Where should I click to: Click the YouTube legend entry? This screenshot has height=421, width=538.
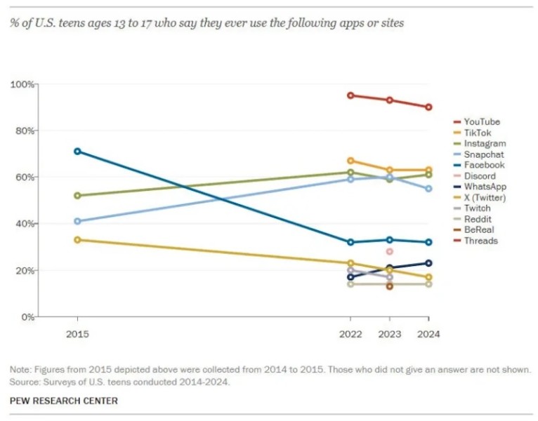click(x=482, y=121)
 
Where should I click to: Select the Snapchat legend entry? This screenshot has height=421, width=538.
click(x=483, y=154)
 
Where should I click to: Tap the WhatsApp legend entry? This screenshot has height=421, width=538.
click(x=485, y=187)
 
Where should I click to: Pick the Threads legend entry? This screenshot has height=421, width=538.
click(x=480, y=241)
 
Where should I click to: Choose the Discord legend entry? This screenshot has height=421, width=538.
click(x=480, y=176)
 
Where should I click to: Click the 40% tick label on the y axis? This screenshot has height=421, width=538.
click(x=25, y=224)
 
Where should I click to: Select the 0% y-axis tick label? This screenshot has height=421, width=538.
click(x=27, y=317)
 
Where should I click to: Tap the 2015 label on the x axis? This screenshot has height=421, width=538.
click(x=77, y=335)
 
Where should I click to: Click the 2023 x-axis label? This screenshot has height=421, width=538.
click(x=389, y=335)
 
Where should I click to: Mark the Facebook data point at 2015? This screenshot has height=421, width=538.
click(x=77, y=151)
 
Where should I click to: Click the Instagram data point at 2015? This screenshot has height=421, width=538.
click(x=77, y=195)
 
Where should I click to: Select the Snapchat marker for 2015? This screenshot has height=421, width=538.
click(x=77, y=221)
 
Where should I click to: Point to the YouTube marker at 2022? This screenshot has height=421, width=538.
click(x=350, y=95)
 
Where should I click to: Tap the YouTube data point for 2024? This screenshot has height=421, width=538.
click(x=428, y=107)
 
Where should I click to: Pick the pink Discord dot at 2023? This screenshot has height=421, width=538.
click(x=389, y=251)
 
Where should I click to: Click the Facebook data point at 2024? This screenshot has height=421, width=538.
click(x=428, y=242)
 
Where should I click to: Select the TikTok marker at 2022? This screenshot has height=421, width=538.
click(x=350, y=161)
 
